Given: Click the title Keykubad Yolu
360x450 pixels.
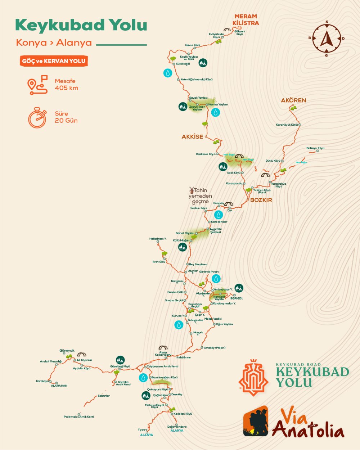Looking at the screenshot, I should click(x=81, y=25).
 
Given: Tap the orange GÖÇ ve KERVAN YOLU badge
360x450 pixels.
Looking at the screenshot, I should click(x=54, y=61).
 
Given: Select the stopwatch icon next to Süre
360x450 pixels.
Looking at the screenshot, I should click(x=37, y=117).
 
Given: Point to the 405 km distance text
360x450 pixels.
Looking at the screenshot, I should click(x=66, y=88).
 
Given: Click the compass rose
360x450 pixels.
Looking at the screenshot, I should click(x=327, y=38).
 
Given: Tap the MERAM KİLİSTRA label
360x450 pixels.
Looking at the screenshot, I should click(x=246, y=19).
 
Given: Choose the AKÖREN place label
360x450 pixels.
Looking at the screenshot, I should click(x=293, y=100).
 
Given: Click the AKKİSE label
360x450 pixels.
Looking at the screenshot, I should click(x=192, y=137).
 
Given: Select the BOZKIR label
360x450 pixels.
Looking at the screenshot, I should click(x=261, y=200).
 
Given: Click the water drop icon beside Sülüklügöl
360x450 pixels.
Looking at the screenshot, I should click(x=168, y=73).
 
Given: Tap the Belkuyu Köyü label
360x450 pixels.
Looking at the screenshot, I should click(x=315, y=148).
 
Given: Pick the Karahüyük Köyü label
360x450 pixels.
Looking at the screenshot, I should click(x=287, y=125).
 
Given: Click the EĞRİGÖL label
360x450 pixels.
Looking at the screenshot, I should click(x=237, y=298).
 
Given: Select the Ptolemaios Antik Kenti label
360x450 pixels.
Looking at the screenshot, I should click(x=79, y=417).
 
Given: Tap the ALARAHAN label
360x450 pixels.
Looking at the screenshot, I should click(x=59, y=386).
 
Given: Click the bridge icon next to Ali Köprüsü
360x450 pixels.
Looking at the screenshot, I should click(x=82, y=355).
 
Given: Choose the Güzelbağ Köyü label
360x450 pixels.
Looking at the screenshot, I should click(x=120, y=366).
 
